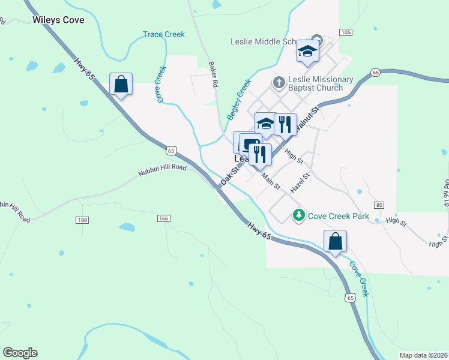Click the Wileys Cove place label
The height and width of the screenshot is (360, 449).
point(58,20)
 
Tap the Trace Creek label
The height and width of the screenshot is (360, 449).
point(164,35)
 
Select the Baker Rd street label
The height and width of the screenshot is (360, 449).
point(212,74)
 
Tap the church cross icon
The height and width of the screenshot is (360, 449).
point(278,82)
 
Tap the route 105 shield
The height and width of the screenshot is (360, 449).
point(345,32)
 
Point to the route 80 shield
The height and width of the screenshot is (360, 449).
point(378,205)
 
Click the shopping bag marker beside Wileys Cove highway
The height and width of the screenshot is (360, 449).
point(121,85)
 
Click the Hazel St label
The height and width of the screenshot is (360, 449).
point(299,182)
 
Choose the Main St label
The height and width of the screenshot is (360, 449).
point(271,182)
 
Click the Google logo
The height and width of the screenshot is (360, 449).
point(20,353)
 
